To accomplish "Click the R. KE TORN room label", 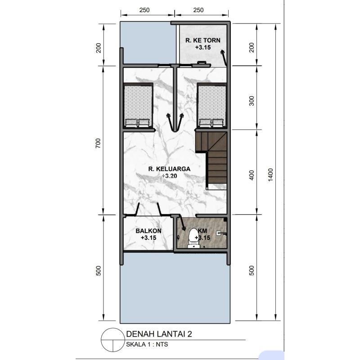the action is (203, 40).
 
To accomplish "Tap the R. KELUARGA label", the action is (169, 169).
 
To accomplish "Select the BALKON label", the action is (148, 231).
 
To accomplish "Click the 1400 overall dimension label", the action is (270, 175).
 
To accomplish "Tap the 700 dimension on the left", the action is (98, 143).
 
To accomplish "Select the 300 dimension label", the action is (252, 101).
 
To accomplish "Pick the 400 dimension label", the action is (252, 175).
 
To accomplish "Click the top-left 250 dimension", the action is (144, 10).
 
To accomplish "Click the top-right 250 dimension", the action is (198, 10).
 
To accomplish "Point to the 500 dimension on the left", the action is (98, 271).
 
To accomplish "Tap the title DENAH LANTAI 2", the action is (159, 334).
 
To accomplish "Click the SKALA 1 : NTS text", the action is (147, 344).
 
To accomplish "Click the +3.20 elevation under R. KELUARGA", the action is (169, 176).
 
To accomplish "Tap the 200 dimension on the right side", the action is (252, 48).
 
